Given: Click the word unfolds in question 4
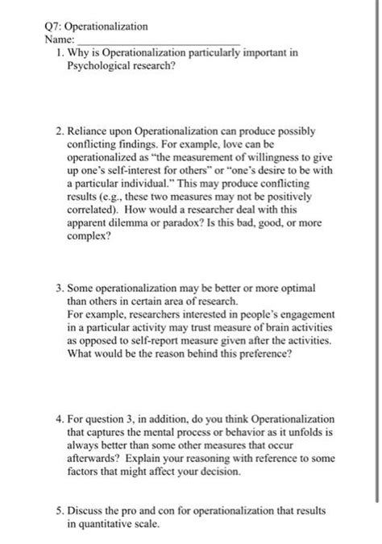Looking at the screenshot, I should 274,432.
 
